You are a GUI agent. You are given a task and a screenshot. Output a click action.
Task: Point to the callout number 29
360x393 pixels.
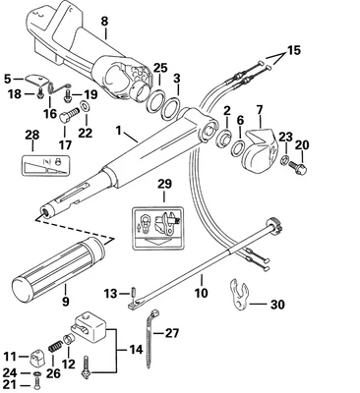coord(164,185)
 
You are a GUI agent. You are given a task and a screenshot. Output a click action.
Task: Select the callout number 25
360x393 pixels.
coord(159,67)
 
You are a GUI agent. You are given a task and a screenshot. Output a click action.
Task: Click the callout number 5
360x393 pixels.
coord(9,78)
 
